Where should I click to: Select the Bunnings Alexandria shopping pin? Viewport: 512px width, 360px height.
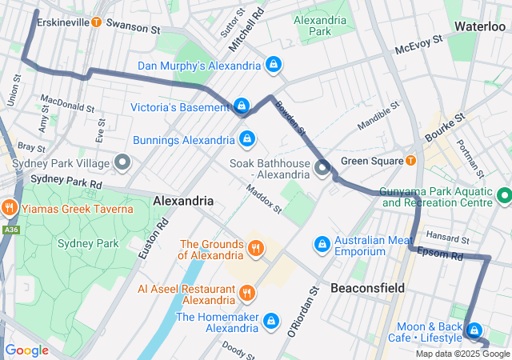[247, 139]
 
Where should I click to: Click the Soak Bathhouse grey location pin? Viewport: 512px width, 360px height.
[322, 167]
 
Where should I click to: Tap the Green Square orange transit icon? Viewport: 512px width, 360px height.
[410, 160]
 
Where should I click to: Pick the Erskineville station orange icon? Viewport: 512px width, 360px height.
[97, 22]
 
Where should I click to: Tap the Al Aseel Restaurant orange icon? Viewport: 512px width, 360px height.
[247, 293]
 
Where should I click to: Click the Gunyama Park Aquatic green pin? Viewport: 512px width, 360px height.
[504, 195]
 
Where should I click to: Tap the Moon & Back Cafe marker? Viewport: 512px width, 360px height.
[474, 330]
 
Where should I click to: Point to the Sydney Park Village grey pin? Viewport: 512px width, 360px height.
[122, 163]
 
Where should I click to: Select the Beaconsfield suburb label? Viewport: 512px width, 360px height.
[367, 287]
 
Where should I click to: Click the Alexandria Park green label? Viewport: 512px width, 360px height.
[321, 26]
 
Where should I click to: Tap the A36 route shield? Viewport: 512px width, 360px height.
[11, 230]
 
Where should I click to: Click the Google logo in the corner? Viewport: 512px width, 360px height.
[27, 350]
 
